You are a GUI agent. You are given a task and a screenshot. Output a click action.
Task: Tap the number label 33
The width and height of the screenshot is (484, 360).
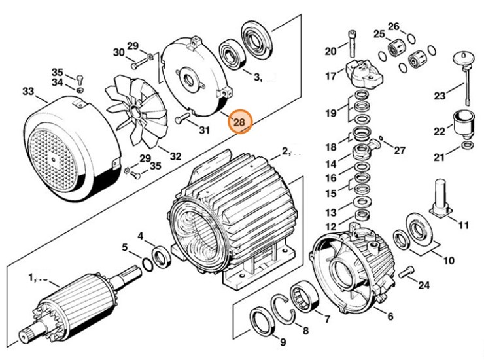pos(28,91)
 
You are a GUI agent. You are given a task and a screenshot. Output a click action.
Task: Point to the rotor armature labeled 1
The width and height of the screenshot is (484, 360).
pos(72,308)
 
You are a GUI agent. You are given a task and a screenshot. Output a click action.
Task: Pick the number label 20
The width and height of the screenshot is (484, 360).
pos(330,50)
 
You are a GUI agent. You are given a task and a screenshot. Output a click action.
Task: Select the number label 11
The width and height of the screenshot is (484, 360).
pos(463,226)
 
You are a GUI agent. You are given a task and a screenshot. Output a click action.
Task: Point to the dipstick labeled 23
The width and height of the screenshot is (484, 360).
pos(466,79)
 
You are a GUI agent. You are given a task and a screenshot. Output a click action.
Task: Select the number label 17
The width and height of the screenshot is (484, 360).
pos(330,76)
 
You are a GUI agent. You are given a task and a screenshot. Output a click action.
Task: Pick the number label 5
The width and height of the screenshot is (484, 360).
pos(125,247)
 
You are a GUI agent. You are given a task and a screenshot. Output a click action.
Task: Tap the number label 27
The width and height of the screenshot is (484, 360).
pos(398,149)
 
